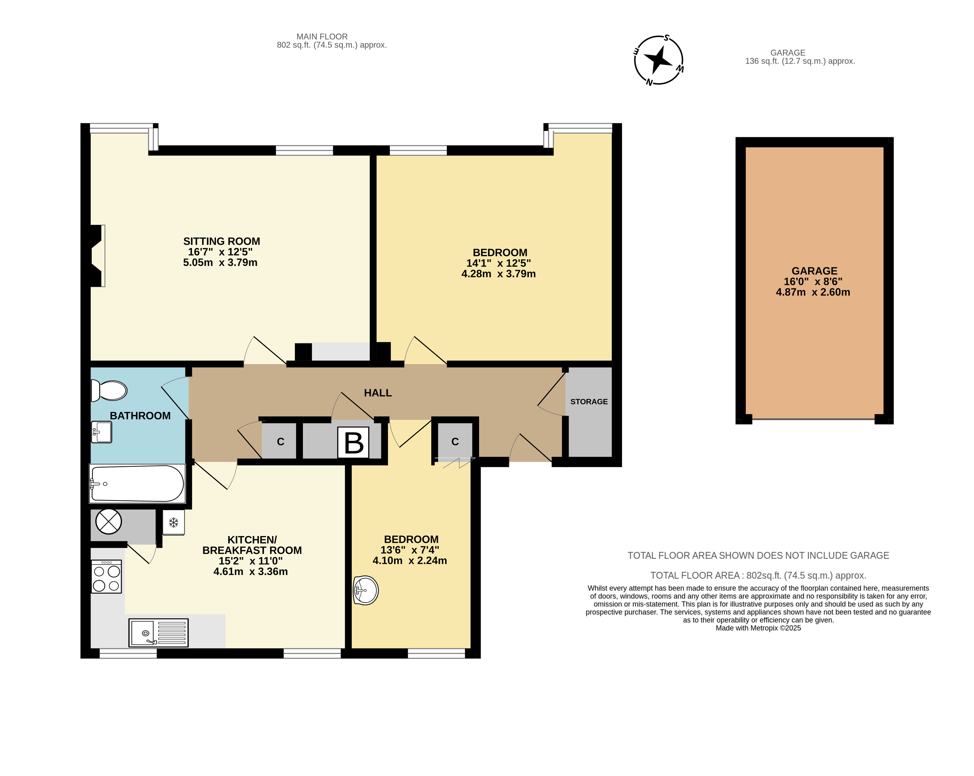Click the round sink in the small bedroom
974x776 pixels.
(365, 590)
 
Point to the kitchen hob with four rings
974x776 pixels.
(107, 576)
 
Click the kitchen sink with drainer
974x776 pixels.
(158, 632)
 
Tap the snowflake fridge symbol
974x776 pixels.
(174, 523)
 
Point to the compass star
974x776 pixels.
(659, 59)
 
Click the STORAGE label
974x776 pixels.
(589, 401)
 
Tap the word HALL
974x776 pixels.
(378, 393)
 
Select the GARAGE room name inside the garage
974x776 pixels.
(814, 271)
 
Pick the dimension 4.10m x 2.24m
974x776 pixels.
(410, 560)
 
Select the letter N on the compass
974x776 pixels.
(649, 82)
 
